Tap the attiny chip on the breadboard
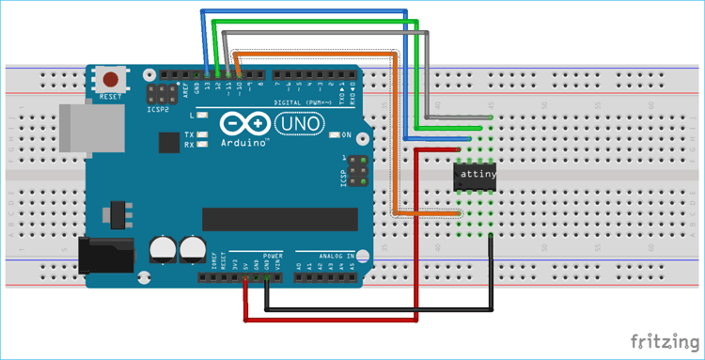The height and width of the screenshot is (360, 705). [475, 175]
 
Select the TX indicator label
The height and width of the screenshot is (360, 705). [189, 133]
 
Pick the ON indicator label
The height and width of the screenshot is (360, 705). [347, 134]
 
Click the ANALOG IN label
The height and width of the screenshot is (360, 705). [337, 255]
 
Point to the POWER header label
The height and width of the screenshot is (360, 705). [273, 255]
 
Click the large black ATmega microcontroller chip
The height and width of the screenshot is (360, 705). [279, 218]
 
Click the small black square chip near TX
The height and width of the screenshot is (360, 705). [169, 143]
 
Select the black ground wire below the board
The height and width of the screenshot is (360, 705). [376, 309]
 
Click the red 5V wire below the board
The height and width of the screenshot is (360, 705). [329, 320]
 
